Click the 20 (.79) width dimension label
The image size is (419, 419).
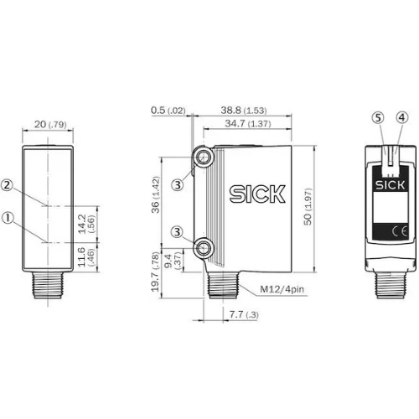50,124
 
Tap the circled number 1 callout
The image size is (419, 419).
8,218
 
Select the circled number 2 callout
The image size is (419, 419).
8,185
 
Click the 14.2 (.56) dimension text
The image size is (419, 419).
86,224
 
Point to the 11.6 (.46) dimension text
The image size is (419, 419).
86,257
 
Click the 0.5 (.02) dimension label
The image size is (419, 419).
168,111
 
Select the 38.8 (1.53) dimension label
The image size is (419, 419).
244,110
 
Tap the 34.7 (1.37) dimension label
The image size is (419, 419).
248,123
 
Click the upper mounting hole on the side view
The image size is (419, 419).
204,158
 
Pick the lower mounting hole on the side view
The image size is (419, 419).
204,248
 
